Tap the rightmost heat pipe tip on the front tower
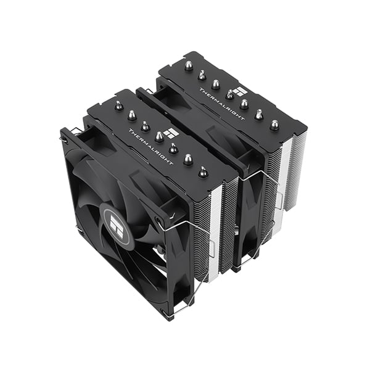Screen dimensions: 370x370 pos(203,173)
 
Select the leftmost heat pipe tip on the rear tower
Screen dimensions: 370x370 pos(187,64)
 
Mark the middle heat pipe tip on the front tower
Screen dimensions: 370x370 pos(159,136)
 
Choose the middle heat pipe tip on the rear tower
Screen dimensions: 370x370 pos(229,94)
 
